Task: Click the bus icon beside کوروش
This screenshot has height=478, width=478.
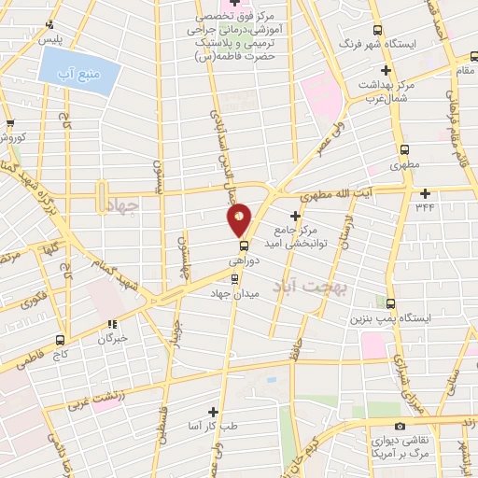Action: point(10,123)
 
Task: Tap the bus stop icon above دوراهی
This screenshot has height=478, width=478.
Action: point(232,247)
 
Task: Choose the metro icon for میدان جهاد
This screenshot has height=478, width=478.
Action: point(234,278)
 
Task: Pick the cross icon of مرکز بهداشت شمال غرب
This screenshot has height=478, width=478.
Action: point(385,71)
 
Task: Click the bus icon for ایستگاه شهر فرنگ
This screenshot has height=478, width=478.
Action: point(376,30)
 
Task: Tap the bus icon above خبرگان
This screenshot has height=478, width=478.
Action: point(114,324)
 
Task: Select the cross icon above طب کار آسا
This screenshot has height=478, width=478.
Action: point(213,411)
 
